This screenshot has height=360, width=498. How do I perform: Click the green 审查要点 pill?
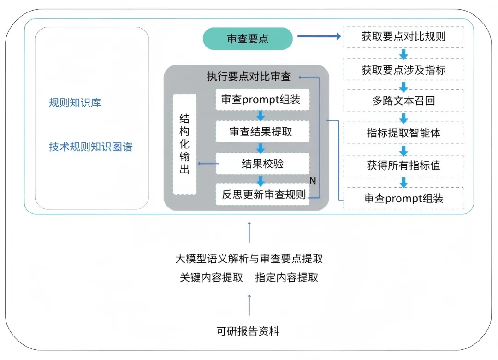(x=248, y=39)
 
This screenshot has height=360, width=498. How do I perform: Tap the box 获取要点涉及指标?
(x=403, y=70)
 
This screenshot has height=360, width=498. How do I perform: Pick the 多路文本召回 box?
(x=403, y=101)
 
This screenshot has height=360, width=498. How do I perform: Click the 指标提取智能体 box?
(x=403, y=133)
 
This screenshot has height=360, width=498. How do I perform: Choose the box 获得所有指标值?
(x=403, y=165)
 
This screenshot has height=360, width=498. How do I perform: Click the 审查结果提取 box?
(x=261, y=132)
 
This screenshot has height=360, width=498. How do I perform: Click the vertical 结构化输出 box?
(x=184, y=144)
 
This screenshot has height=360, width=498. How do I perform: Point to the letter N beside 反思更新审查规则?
(x=312, y=181)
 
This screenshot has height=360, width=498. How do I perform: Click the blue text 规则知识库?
(x=75, y=103)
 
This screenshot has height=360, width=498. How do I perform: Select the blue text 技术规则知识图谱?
(x=90, y=147)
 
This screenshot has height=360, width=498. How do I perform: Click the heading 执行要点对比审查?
(x=249, y=77)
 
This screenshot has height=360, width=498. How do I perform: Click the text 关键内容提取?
(x=211, y=278)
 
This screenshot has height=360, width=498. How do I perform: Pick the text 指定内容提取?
(x=286, y=278)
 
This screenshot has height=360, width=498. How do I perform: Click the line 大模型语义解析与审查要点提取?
(x=249, y=259)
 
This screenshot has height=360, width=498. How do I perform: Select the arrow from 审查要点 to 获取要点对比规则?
(x=318, y=36)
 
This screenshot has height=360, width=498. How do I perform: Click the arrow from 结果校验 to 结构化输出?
(x=207, y=164)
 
